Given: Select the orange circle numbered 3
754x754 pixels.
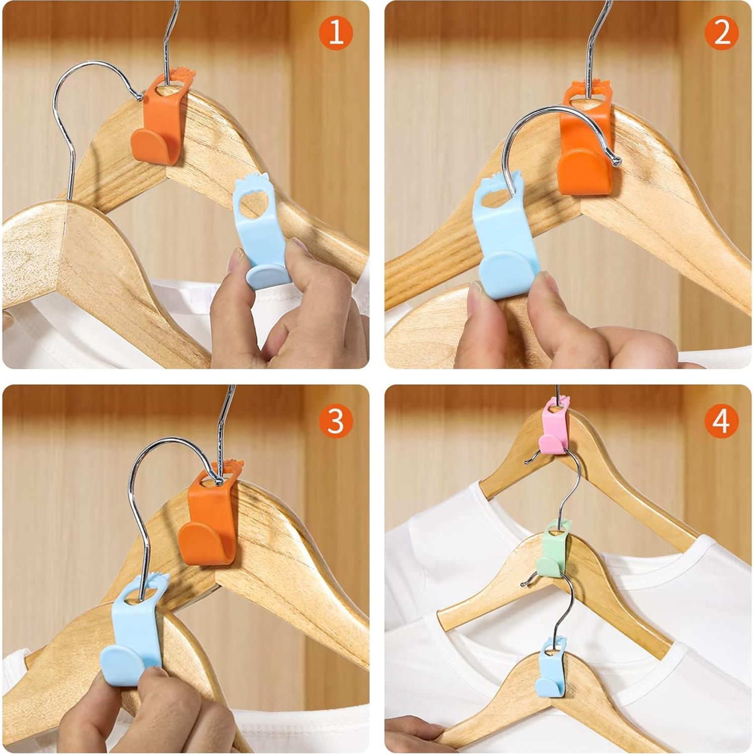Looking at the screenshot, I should pos(335,420).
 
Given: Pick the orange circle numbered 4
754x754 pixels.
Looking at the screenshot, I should pos(721,420).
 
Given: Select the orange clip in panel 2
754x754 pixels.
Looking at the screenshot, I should pos(587,151).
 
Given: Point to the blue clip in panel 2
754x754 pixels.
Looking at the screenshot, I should pos(506,242).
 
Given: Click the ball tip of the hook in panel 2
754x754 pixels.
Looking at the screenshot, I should pos(615,161).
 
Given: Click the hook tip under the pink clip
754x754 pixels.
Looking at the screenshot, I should pos(527,460).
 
